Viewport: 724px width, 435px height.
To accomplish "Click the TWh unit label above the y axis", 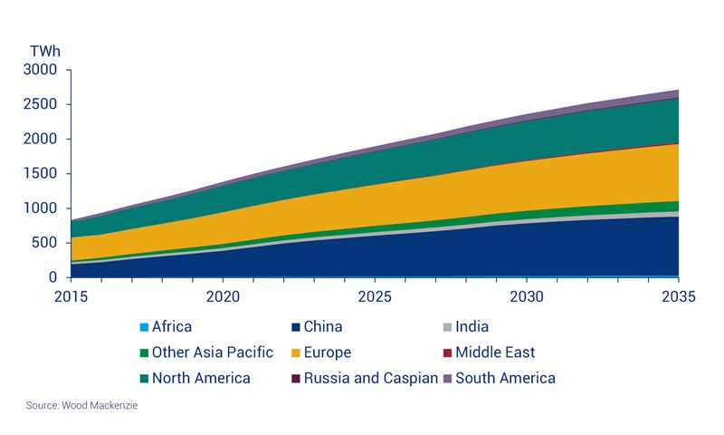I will point(44,51).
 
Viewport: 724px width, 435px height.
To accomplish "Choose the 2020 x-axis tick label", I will point(222,296).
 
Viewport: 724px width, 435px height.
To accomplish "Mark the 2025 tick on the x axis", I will point(374,296).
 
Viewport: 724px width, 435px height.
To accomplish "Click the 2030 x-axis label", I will point(527,296).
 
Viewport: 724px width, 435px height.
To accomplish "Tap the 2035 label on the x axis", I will point(679,296).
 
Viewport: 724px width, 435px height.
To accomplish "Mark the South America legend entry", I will point(505,378).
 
